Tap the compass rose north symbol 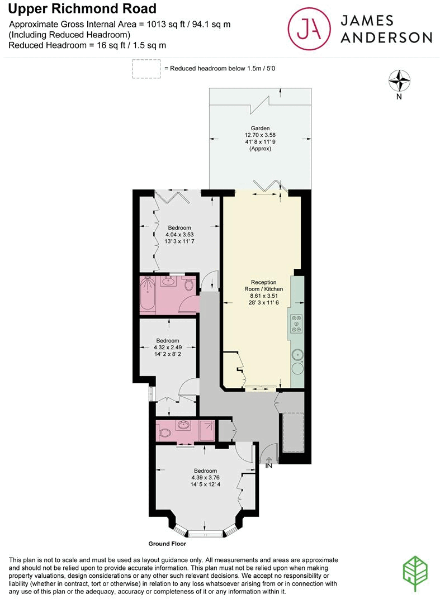pos(399,81)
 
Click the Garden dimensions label pos(260,139)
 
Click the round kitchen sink pos(297,354)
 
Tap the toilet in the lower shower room pos(165,432)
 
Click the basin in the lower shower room pos(183,425)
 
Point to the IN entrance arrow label pos(268,464)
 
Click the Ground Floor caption pos(167,543)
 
